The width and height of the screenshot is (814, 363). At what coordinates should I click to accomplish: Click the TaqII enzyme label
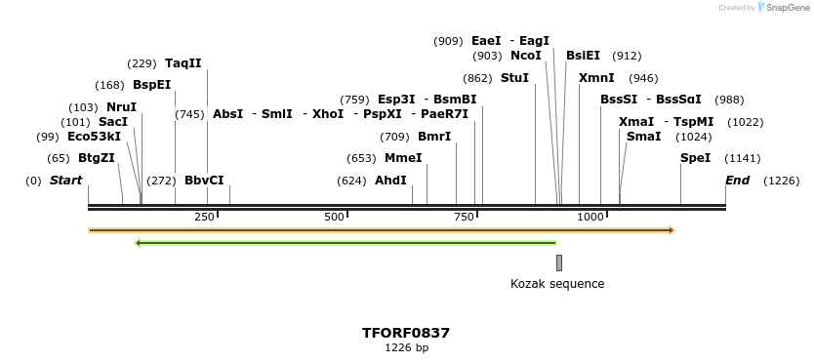point(183,63)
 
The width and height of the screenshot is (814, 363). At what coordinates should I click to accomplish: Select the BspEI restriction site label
point(151,85)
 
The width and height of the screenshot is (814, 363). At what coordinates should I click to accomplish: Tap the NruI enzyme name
point(121,106)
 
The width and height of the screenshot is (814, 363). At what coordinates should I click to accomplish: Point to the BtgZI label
point(97,158)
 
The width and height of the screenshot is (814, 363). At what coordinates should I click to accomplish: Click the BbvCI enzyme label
point(204,181)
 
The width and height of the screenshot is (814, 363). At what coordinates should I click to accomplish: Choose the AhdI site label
point(390,181)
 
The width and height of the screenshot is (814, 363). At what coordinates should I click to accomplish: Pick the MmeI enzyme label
point(403,158)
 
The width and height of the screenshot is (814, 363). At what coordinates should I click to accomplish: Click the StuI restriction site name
point(514,78)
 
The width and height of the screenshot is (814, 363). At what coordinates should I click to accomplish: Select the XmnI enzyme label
point(597,78)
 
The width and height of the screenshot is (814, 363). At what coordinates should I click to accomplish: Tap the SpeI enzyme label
point(696,158)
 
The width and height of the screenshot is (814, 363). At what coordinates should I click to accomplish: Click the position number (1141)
point(742,158)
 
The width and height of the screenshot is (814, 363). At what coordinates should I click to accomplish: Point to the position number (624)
point(351,181)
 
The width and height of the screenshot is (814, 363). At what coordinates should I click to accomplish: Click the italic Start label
point(65,181)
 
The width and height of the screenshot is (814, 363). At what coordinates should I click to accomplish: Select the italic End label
point(738,181)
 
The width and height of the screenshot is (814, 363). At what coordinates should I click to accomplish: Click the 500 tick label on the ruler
point(334,217)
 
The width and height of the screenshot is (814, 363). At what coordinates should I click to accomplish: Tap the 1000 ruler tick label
point(590,217)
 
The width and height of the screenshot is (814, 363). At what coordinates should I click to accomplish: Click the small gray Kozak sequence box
point(559,262)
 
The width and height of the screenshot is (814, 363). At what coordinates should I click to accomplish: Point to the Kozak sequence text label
point(557,284)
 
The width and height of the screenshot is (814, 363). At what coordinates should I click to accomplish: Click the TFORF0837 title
point(406,333)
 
